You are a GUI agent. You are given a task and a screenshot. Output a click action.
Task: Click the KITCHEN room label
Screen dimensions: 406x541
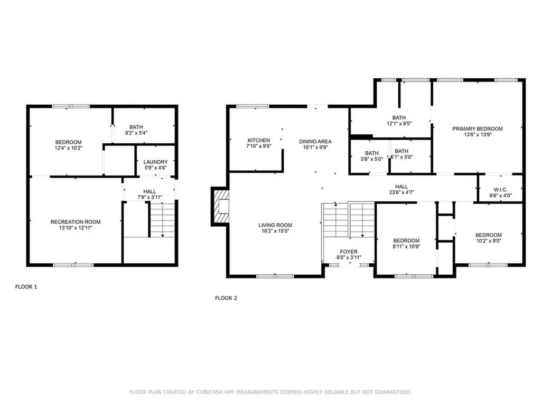tap(259, 140)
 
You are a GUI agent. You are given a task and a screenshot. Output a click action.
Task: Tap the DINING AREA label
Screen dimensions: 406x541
tap(315, 141)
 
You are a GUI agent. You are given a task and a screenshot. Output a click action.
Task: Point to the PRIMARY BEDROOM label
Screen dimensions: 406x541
tap(477, 128)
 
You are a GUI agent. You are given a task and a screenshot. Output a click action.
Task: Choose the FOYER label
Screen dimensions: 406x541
tap(348, 252)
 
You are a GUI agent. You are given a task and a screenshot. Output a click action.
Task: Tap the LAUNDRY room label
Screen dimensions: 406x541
tap(156, 162)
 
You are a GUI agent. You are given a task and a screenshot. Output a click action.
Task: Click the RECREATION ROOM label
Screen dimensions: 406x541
tap(75, 222)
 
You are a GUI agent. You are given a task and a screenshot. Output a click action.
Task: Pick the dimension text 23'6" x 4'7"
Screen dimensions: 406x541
tap(402, 192)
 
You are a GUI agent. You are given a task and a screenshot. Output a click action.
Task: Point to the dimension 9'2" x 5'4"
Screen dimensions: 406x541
tap(136, 133)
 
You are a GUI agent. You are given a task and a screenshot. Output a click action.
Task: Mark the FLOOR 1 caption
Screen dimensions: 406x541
tap(26, 287)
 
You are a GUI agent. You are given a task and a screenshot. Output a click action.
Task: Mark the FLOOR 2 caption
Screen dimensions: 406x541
tap(226, 298)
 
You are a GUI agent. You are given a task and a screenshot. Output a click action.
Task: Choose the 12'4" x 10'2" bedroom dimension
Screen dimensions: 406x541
tap(69, 148)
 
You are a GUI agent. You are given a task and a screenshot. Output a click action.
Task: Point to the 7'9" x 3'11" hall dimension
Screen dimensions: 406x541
tap(149, 197)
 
